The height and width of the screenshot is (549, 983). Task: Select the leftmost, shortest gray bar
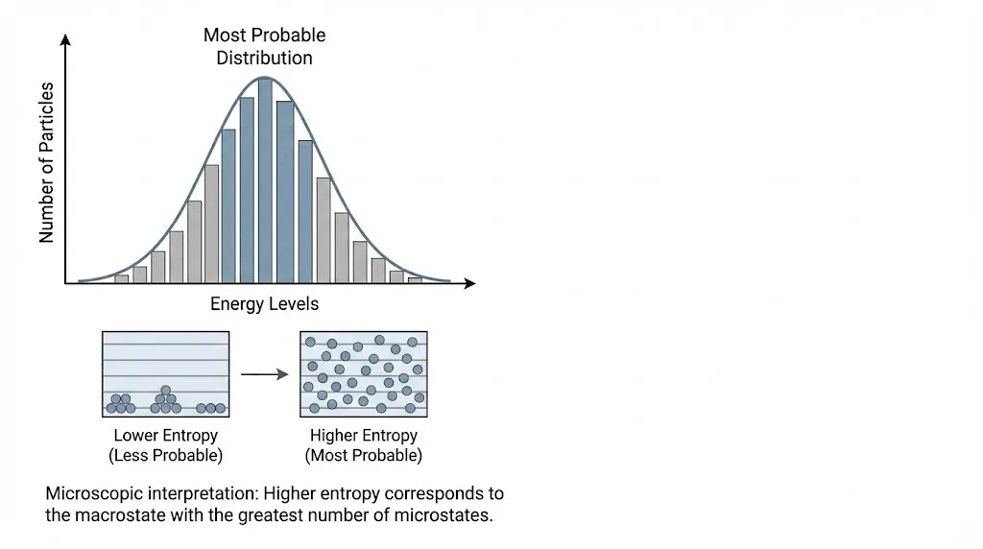point(121,278)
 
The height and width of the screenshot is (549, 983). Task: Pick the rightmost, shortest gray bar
point(415,279)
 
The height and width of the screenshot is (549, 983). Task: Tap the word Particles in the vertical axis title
point(46,120)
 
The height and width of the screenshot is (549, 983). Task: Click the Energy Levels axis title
point(264,304)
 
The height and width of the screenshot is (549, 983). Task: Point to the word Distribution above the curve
point(264,58)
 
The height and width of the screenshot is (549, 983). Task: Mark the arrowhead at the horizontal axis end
point(469,283)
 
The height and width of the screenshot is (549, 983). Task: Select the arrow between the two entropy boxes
point(264,374)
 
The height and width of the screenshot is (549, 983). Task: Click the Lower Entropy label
point(165,436)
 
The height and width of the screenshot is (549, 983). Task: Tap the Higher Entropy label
point(363,436)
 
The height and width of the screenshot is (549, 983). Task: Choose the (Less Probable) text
point(165,455)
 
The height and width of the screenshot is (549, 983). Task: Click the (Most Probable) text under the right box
point(363,455)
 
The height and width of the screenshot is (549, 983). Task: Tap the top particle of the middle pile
point(166,391)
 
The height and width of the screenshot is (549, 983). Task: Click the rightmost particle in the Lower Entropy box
point(221,408)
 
